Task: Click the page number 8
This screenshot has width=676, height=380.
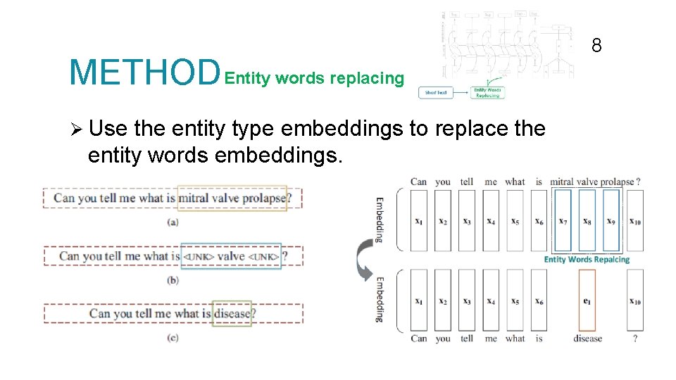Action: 596,46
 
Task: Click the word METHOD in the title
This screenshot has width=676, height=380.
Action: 144,72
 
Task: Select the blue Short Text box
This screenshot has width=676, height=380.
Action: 436,92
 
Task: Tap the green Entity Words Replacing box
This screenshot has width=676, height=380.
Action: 487,92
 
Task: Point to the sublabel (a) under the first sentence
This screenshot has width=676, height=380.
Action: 173,222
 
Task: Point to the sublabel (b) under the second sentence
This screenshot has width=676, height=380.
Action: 173,280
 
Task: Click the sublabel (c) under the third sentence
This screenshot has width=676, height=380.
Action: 173,338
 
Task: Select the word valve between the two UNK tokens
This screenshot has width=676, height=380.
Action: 231,256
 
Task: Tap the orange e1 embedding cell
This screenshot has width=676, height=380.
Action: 586,300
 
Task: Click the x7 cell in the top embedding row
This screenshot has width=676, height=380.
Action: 563,221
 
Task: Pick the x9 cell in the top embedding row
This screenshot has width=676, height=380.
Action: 611,221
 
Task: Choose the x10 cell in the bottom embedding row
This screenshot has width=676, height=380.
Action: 635,300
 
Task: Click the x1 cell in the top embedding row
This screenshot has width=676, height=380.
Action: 419,221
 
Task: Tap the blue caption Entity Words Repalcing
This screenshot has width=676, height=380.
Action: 587,260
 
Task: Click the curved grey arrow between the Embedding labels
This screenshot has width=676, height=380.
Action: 363,259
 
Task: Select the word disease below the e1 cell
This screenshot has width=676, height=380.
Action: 587,338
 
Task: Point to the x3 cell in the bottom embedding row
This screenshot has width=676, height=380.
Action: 467,300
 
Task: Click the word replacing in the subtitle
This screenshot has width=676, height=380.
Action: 367,78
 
